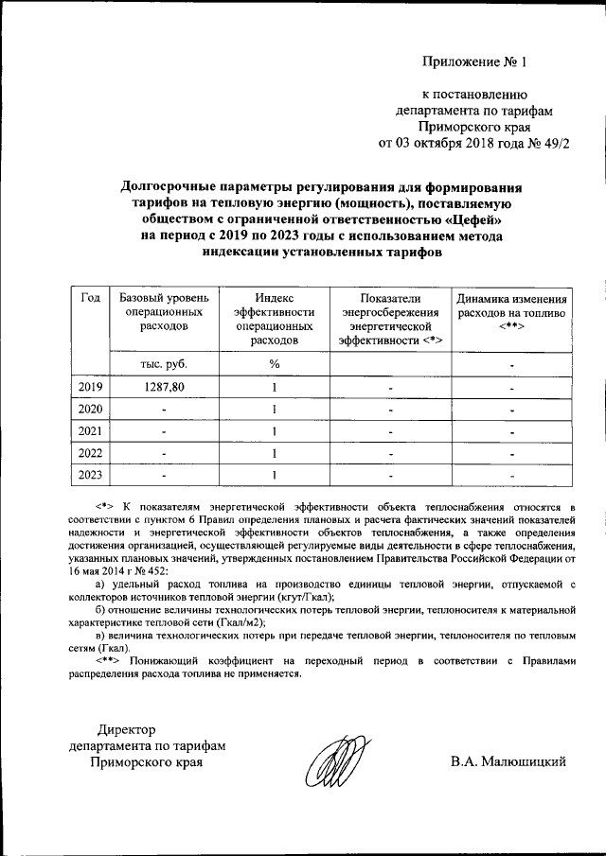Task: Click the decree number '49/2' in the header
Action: [558, 144]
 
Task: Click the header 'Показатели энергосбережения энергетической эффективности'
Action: [390, 318]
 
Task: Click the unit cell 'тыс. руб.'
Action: [156, 363]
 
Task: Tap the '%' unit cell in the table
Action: [274, 363]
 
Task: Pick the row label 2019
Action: [92, 386]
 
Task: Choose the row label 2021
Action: [92, 430]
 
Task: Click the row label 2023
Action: [92, 474]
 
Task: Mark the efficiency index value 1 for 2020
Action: [274, 409]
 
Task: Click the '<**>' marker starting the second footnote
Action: [113, 660]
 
